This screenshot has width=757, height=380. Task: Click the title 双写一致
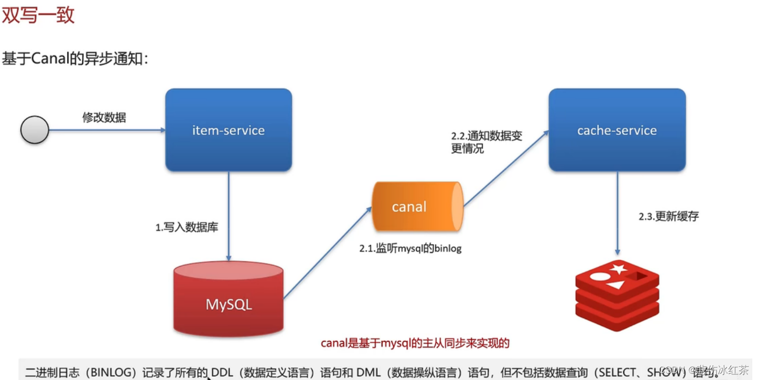[38, 15]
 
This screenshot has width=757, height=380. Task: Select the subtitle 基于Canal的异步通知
[75, 58]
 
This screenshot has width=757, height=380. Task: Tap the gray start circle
[35, 130]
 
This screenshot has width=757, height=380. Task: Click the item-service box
[229, 130]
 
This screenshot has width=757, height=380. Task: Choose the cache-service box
[617, 130]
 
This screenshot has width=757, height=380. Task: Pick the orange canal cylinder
[417, 206]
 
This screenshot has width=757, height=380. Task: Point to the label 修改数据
[104, 117]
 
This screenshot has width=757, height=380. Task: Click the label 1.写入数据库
[187, 227]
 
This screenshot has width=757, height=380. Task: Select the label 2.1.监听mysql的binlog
[410, 248]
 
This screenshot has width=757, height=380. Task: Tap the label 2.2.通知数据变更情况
[486, 142]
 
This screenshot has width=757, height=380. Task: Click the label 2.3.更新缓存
[668, 216]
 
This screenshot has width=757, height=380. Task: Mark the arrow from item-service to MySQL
[229, 215]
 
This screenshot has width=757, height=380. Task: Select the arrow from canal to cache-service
[506, 168]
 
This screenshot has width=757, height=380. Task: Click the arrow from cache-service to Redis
[617, 213]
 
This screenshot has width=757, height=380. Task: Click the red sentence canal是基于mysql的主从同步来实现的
[415, 343]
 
